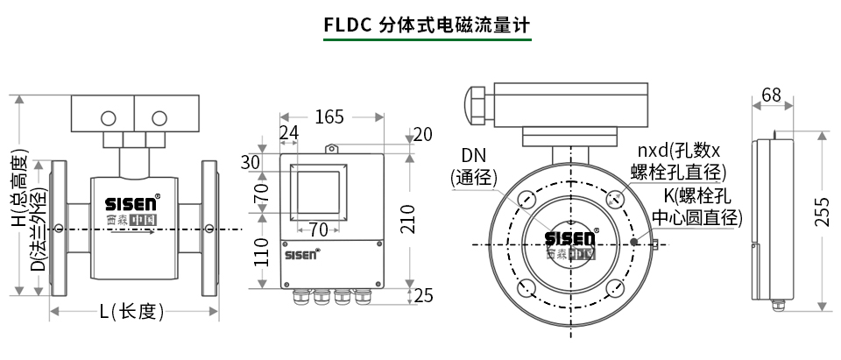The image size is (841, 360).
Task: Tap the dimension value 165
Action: click(329, 116)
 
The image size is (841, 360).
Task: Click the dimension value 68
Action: click(772, 95)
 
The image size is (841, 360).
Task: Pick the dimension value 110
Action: click(261, 252)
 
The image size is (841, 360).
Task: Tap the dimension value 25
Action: click(423, 296)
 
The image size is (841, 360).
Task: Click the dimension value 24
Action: click(288, 132)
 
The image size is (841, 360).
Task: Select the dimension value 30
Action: click(251, 162)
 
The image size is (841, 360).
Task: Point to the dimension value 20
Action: click(423, 134)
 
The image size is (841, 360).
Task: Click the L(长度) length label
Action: click(131, 311)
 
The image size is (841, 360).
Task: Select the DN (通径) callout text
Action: click(474, 166)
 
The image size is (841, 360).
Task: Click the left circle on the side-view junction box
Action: click(109, 118)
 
